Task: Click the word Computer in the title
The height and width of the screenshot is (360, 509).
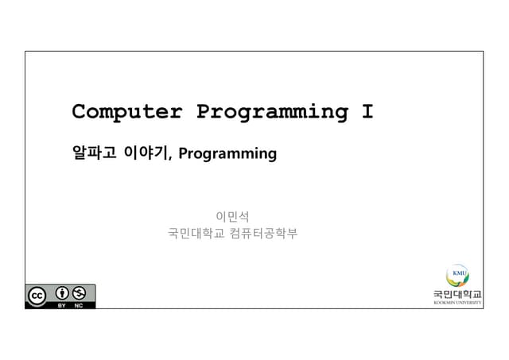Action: click(126, 112)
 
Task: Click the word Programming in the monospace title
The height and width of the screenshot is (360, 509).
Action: click(271, 113)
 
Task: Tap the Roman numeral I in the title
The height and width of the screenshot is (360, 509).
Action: click(367, 112)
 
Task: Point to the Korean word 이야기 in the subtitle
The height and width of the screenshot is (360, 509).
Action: click(146, 153)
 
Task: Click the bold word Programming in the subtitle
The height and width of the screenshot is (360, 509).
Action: click(227, 153)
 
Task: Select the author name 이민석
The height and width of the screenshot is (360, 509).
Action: click(232, 215)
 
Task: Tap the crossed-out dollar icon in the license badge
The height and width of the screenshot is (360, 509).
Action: click(79, 293)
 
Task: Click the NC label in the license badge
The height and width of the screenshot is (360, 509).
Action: click(79, 305)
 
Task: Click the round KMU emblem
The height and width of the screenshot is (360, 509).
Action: click(457, 276)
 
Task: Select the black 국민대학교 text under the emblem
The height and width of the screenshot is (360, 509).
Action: click(457, 295)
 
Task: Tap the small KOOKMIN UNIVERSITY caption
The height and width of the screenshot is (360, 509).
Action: click(457, 303)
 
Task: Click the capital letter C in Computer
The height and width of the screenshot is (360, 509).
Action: click(79, 112)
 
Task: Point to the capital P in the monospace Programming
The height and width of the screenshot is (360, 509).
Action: click(203, 112)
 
